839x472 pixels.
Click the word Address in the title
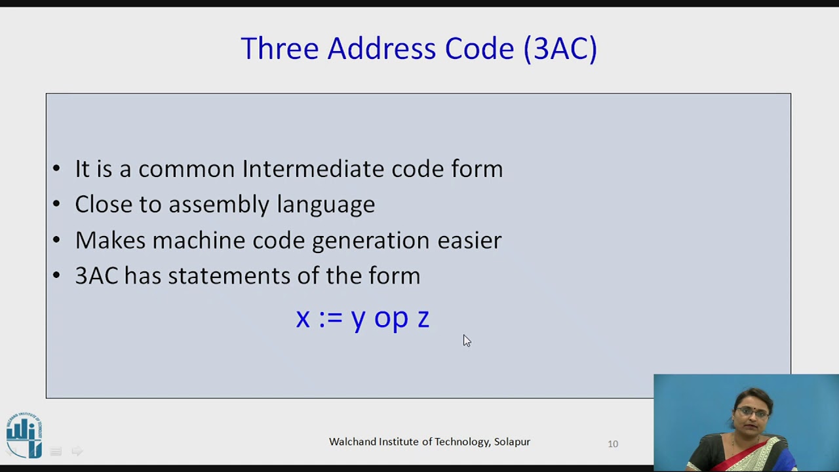(382, 49)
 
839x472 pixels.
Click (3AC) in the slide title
(560, 49)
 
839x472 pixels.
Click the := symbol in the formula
(330, 318)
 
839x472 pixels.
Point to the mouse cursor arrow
(466, 340)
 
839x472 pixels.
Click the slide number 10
(613, 444)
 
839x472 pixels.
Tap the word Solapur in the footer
(512, 442)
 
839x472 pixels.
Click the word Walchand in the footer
(351, 442)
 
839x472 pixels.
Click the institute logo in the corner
(24, 434)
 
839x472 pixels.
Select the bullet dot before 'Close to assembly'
(56, 205)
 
